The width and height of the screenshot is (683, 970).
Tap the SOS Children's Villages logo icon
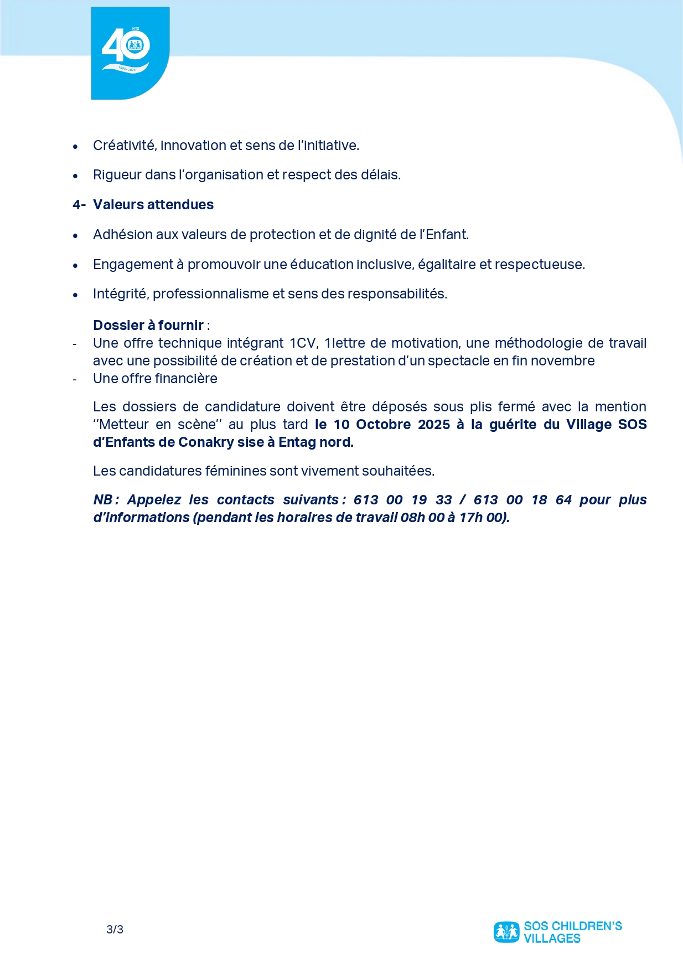tap(506, 932)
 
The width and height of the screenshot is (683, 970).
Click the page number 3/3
tap(115, 930)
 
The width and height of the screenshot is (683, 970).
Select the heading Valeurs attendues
tap(153, 205)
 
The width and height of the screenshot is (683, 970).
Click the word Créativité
tap(124, 146)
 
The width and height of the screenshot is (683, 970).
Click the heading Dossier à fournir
tap(148, 325)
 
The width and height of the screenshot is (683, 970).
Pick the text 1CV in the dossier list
tap(303, 343)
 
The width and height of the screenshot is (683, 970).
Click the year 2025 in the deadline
tap(433, 425)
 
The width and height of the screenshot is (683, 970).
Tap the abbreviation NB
tap(104, 500)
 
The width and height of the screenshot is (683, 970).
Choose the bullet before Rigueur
tap(76, 176)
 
